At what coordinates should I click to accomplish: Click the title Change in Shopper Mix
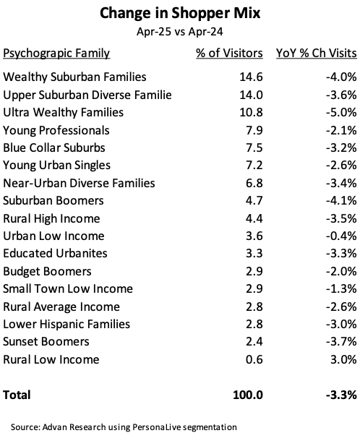pos(180,13)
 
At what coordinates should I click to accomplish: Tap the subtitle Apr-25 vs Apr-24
pos(180,32)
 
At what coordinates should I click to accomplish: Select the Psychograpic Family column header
pos(56,53)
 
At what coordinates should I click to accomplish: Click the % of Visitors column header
pos(229,53)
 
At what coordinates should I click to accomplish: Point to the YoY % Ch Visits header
pos(317,53)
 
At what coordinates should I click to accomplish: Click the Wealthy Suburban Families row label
pos(74,77)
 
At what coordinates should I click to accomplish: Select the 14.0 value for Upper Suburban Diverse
pos(251,95)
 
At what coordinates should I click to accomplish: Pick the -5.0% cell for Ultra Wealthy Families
pos(341,112)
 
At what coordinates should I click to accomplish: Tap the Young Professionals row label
pos(56,131)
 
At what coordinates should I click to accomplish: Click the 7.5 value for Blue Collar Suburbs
pos(254,147)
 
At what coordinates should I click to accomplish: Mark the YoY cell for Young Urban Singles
pos(341,165)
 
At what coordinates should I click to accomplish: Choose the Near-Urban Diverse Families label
pos(79,183)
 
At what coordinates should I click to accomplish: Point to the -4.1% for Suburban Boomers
pos(341,200)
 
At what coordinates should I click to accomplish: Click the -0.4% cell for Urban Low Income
pos(341,236)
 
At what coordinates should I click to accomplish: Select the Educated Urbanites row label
pos(55,253)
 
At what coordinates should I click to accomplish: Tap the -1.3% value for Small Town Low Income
pos(341,288)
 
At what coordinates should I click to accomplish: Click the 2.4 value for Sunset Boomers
pos(254,342)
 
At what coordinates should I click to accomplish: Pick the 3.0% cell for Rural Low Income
pos(343,359)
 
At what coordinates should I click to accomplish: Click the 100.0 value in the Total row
pos(248,395)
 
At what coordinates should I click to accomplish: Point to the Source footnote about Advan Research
pos(124,427)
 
